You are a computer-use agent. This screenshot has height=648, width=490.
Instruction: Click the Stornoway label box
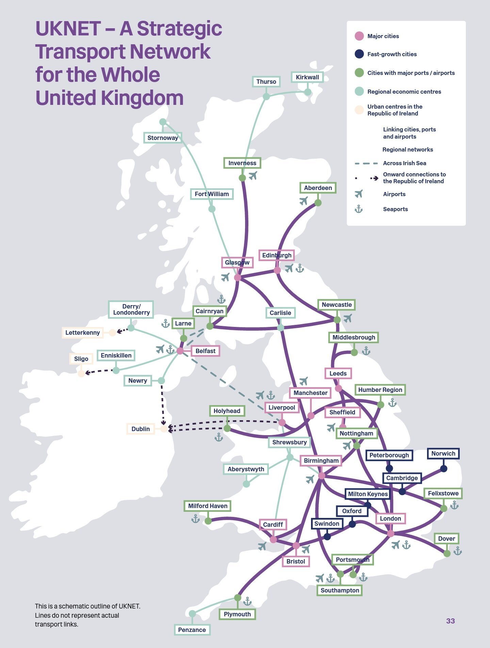(163, 138)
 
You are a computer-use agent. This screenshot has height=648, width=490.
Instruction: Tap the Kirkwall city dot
(308, 92)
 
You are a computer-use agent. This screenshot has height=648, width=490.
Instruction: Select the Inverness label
(242, 163)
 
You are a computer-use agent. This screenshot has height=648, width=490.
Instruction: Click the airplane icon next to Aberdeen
(304, 201)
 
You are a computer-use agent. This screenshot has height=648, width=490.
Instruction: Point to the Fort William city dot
(212, 209)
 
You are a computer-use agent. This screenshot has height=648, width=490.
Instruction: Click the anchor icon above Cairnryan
(222, 299)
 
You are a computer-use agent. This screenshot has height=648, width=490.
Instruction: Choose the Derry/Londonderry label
(131, 310)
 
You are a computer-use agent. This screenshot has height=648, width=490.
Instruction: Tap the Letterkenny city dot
(112, 333)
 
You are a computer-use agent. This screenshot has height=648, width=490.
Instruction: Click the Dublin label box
(141, 429)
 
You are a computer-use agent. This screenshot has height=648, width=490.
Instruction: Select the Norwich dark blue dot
(443, 469)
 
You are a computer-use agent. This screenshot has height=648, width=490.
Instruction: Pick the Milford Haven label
(208, 506)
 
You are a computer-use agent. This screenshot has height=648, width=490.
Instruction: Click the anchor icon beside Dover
(458, 551)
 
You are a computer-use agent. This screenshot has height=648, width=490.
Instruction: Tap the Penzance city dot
(192, 613)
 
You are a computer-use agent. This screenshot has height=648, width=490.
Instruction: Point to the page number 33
(450, 621)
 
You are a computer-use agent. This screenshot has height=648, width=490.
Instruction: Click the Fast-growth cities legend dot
(359, 54)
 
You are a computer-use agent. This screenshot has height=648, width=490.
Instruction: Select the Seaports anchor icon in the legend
(359, 209)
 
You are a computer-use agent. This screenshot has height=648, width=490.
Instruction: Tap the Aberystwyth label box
(246, 469)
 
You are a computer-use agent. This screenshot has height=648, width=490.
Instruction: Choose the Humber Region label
(380, 390)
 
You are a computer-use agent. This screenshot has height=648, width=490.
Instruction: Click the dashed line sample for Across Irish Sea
(366, 163)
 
